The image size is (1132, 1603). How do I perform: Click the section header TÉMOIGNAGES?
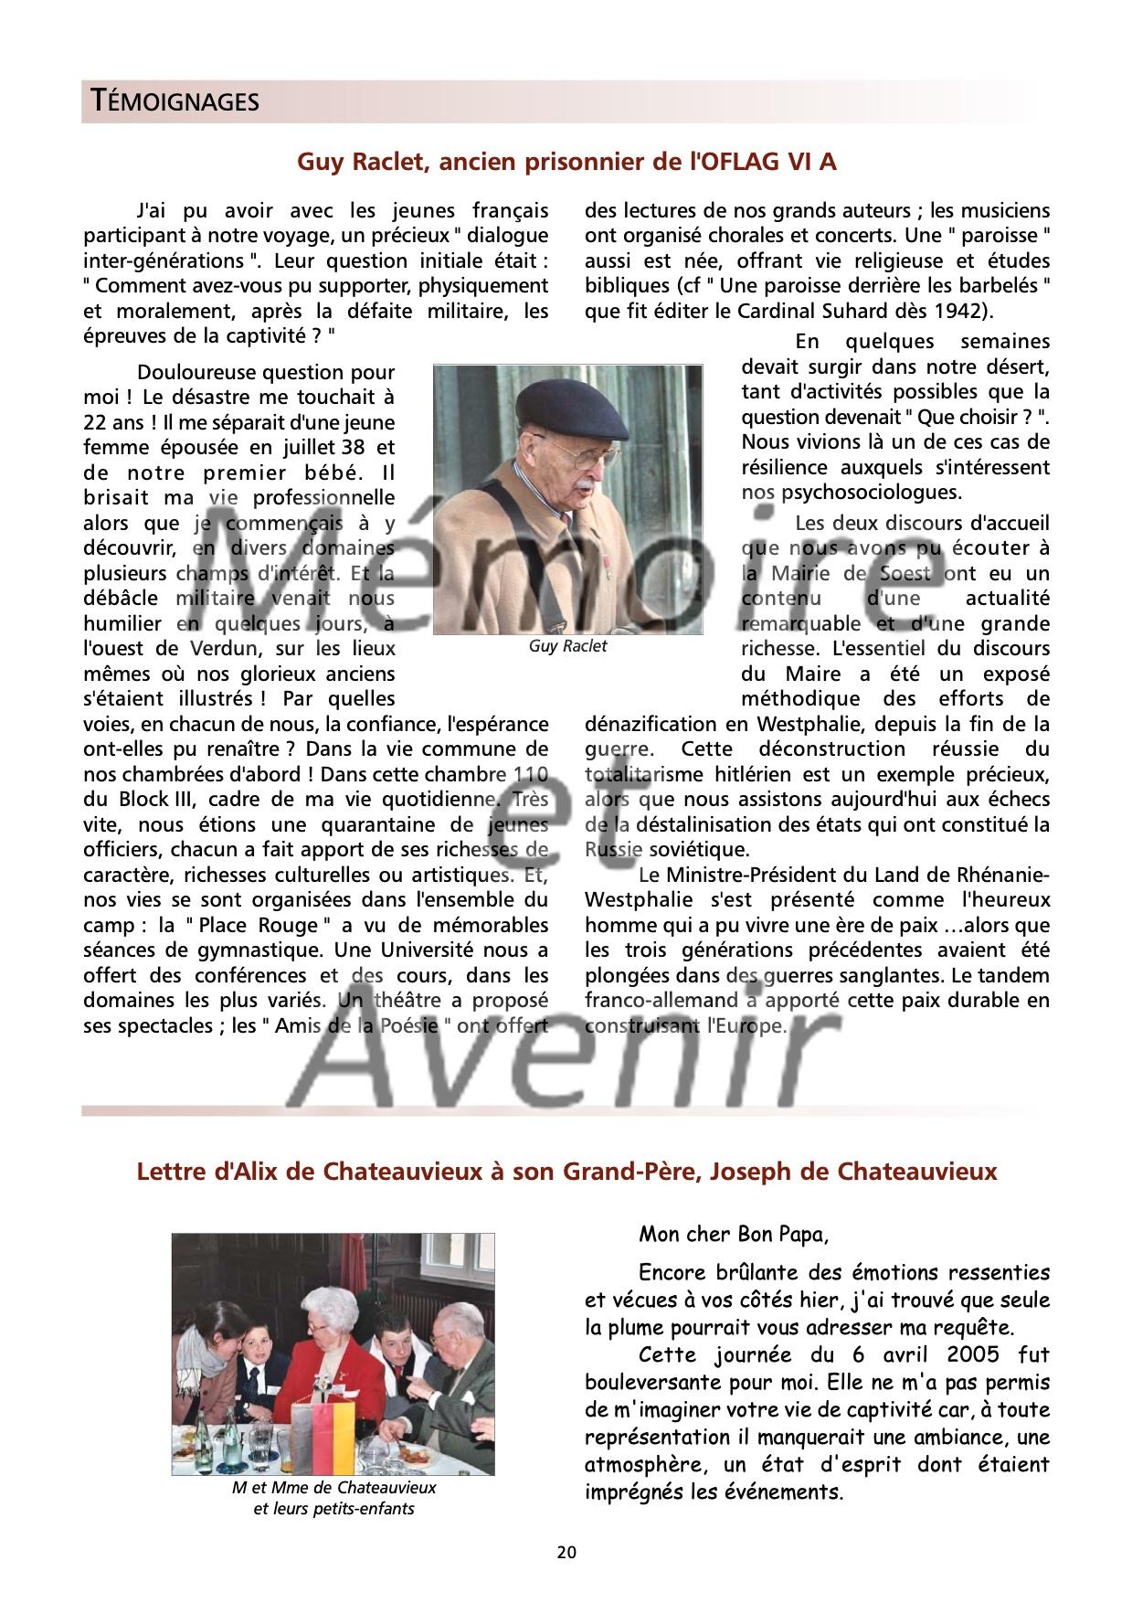171,101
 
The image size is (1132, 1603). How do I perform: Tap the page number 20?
566,1552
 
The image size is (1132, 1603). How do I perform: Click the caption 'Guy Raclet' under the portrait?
567,646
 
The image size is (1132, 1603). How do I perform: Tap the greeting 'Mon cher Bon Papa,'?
734,1235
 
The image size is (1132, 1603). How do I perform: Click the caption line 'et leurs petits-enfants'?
333,1509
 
